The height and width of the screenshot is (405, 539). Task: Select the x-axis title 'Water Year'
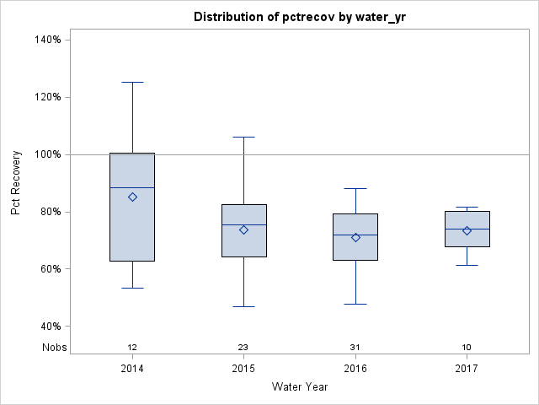coord(300,387)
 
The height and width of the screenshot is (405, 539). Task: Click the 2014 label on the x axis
coord(132,369)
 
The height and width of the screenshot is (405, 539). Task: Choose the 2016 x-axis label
coord(355,369)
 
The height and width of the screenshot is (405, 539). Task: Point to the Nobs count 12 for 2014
coord(132,348)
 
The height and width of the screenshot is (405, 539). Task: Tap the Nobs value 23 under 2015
coord(244,348)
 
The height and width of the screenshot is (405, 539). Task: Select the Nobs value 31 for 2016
coord(355,348)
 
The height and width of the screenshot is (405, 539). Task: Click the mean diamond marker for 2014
coord(132,197)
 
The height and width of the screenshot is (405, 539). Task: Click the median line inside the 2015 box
coord(244,224)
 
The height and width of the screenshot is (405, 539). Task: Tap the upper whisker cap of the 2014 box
coord(132,82)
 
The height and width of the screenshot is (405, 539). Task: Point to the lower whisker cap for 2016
coord(355,304)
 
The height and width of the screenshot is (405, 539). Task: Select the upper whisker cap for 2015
coord(244,137)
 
